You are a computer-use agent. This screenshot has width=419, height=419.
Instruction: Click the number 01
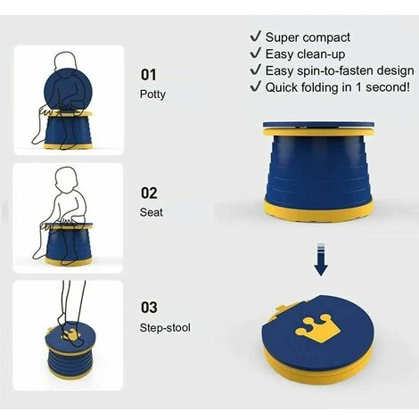(x=148, y=75)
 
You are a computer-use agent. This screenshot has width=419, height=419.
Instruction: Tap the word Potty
(x=152, y=94)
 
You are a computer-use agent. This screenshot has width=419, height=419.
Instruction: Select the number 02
(x=149, y=193)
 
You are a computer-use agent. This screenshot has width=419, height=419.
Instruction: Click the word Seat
(x=152, y=212)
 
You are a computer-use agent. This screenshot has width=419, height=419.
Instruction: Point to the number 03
(x=149, y=308)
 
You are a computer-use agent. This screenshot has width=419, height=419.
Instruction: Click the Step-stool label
(x=165, y=328)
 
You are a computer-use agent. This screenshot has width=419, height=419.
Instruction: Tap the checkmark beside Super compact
(x=256, y=37)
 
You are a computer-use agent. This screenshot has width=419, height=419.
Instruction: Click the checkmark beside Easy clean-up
(x=256, y=53)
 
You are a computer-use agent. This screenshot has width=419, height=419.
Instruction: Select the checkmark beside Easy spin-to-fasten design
(x=256, y=70)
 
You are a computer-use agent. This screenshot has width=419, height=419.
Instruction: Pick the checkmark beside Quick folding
(x=256, y=86)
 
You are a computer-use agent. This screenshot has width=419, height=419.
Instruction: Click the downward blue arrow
(x=321, y=259)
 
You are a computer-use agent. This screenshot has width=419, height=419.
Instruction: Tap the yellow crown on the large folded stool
(x=317, y=328)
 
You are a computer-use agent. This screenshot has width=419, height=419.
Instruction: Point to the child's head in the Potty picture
(x=66, y=63)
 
